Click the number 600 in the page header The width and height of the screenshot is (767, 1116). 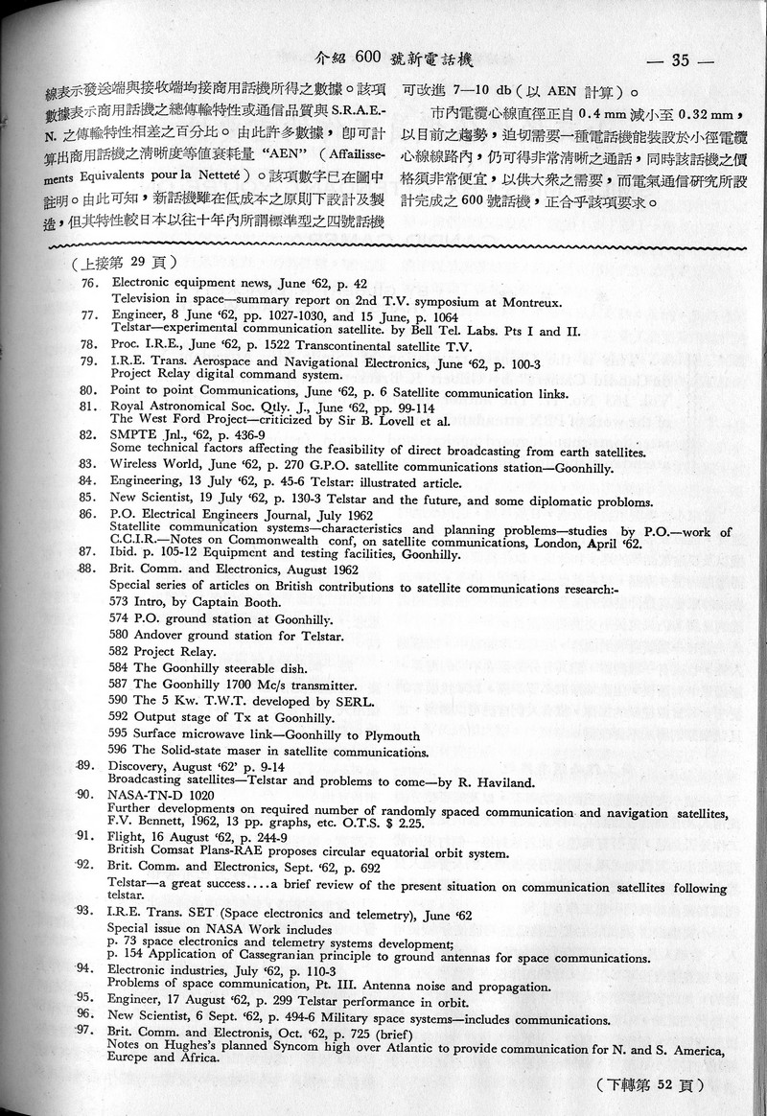click(x=368, y=58)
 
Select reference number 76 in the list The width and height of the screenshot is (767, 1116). click(x=90, y=284)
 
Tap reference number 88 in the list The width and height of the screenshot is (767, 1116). click(x=88, y=569)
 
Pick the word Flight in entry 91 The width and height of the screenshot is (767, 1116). click(x=128, y=836)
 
